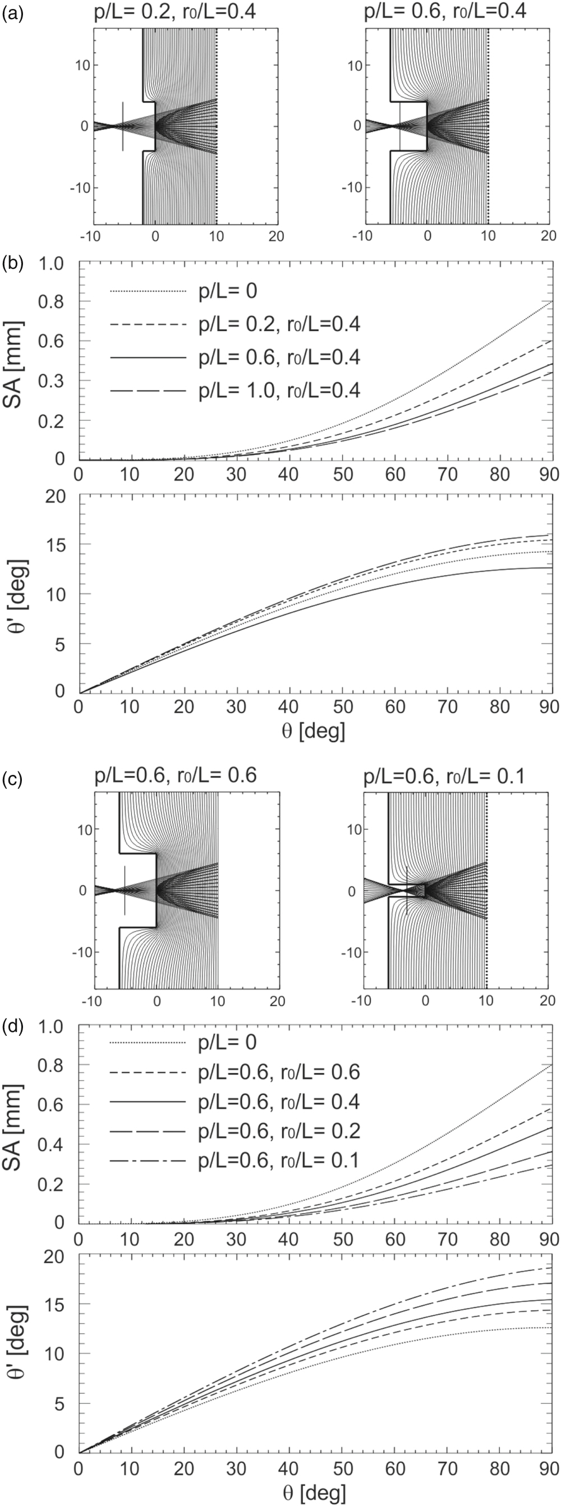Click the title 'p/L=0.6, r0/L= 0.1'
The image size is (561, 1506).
(444, 777)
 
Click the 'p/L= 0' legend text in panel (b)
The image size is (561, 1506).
(227, 291)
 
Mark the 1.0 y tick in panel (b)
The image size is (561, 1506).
(52, 264)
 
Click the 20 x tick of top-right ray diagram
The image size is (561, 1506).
(547, 236)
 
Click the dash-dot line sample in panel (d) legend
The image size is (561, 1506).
(146, 1160)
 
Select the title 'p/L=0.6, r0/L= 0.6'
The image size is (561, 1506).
(175, 777)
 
